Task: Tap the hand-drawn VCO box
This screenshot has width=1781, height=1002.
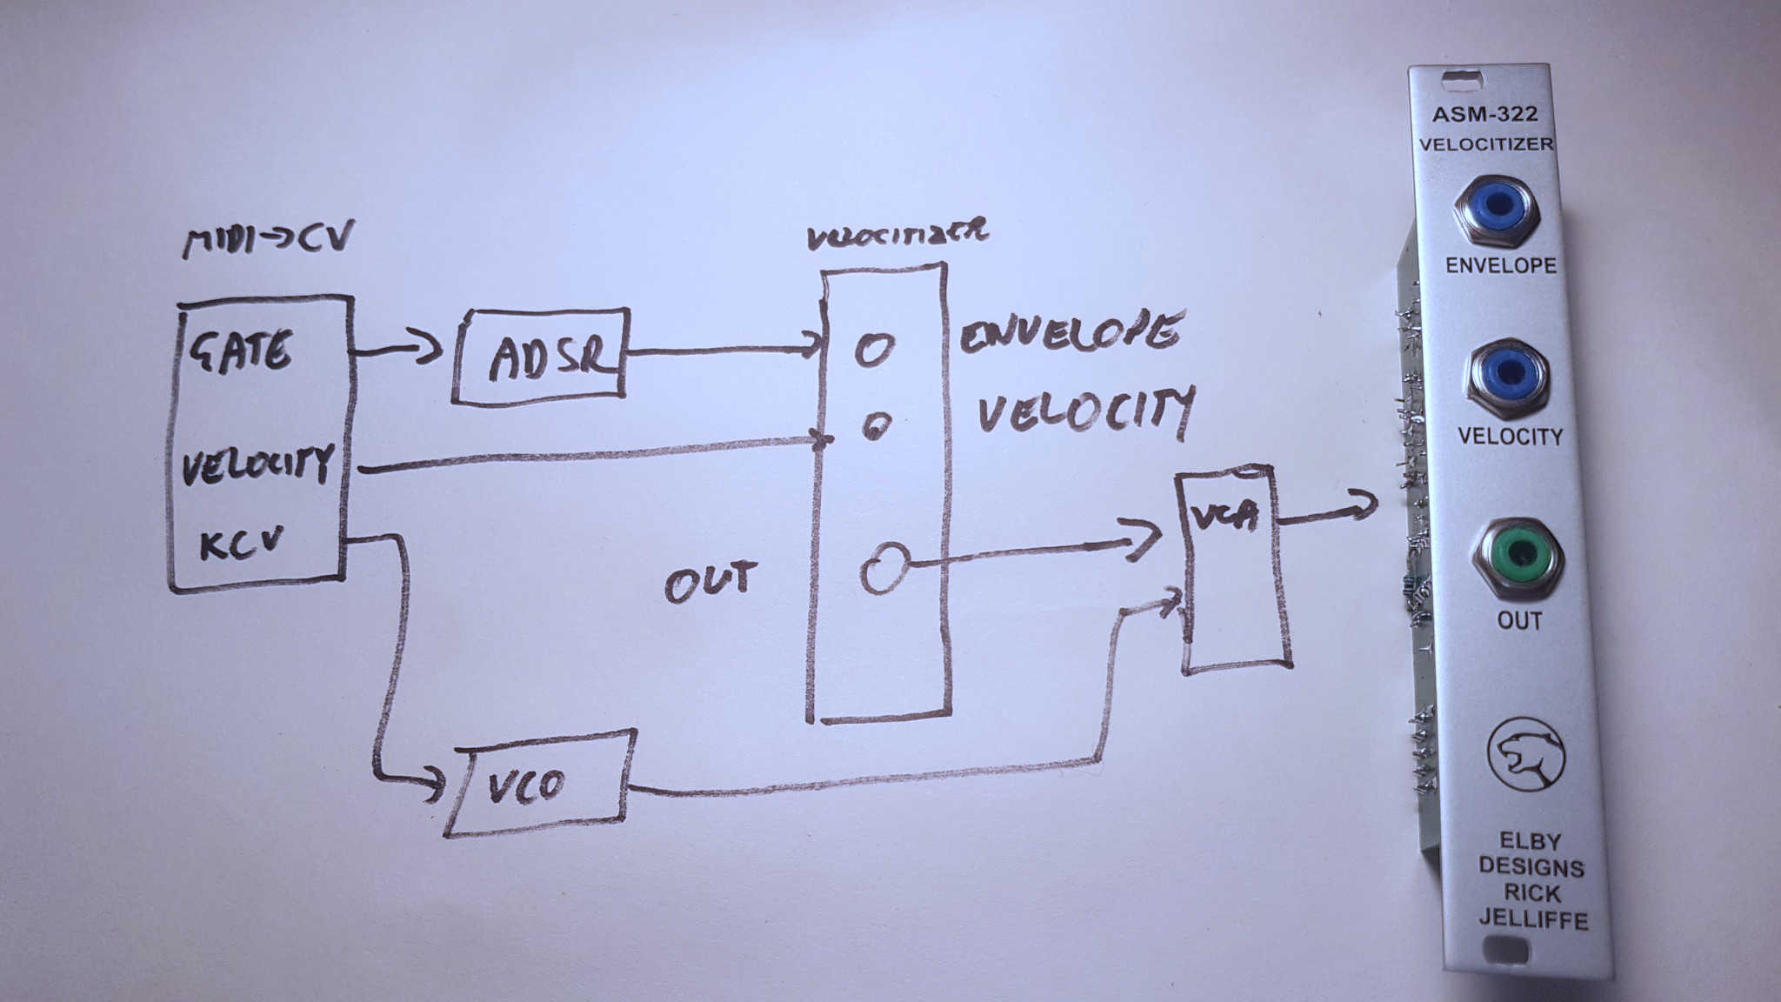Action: pyautogui.click(x=539, y=784)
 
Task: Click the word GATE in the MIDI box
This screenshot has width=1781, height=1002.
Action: pyautogui.click(x=241, y=351)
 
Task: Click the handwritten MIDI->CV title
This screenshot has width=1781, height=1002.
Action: pyautogui.click(x=268, y=238)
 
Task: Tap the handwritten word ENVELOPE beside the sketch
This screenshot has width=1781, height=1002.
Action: pyautogui.click(x=1071, y=333)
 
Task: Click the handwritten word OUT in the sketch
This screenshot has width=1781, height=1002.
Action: pyautogui.click(x=710, y=580)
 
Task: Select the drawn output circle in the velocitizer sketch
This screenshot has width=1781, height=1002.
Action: pyautogui.click(x=885, y=568)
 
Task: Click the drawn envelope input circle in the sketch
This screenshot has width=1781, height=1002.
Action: pyautogui.click(x=874, y=349)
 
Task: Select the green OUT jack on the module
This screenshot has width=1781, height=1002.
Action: pyautogui.click(x=1518, y=553)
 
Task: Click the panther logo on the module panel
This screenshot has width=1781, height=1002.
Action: pyautogui.click(x=1525, y=754)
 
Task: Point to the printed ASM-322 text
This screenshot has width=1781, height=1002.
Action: pyautogui.click(x=1484, y=114)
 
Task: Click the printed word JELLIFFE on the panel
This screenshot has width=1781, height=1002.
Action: pyautogui.click(x=1533, y=919)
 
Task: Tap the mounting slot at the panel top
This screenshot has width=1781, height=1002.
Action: pyautogui.click(x=1462, y=81)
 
